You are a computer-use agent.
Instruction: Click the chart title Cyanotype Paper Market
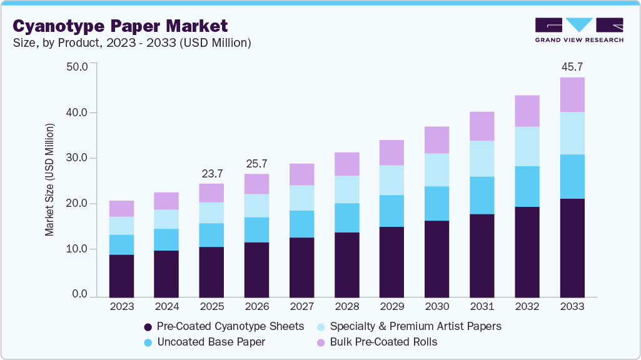click(120, 26)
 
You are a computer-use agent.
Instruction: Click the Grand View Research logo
click(579, 30)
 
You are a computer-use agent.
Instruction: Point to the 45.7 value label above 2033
click(572, 66)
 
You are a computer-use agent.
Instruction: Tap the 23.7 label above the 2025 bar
click(211, 173)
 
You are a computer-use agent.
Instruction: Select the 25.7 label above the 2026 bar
click(256, 163)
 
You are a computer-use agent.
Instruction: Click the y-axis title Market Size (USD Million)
click(49, 180)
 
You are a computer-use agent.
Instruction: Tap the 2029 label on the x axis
click(391, 307)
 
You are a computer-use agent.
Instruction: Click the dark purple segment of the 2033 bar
click(572, 247)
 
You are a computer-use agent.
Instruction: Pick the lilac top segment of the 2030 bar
click(437, 140)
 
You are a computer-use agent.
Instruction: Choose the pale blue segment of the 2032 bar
click(527, 146)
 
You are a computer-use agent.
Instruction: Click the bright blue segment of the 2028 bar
click(346, 217)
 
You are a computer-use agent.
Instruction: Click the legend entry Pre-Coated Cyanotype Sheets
click(224, 326)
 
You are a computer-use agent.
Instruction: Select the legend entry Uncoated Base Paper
click(211, 342)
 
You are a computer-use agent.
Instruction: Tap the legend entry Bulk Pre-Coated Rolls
click(383, 342)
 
